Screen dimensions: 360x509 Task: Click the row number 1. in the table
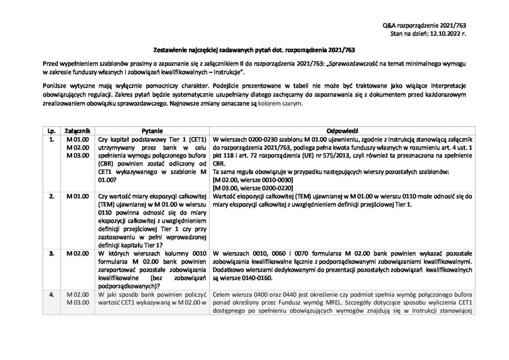tap(51, 140)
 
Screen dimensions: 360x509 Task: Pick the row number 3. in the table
tap(51, 253)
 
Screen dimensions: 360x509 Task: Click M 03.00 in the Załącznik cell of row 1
tap(77, 156)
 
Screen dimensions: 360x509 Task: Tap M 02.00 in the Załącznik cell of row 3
tap(77, 253)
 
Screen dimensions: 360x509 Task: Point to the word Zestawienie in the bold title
tap(171, 50)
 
